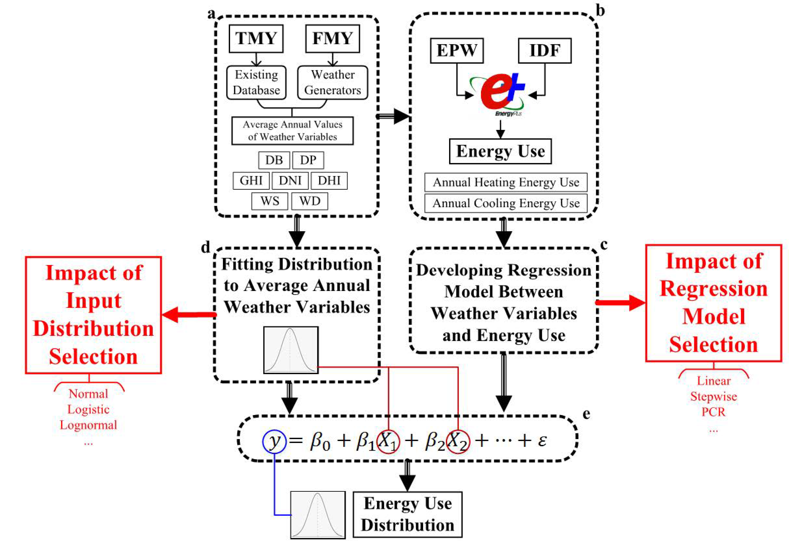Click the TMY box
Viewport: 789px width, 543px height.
pos(256,39)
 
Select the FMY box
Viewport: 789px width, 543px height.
pos(332,39)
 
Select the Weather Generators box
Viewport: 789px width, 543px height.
pos(332,82)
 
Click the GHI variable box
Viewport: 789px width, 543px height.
pos(251,180)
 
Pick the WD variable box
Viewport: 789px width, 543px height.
pos(310,201)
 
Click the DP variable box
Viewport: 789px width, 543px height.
pos(308,160)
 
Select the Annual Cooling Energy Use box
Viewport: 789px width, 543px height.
pos(506,203)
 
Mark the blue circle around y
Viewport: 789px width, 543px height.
pos(274,441)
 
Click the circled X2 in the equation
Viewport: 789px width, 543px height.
pos(458,442)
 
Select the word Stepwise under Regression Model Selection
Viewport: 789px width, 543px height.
pos(713,396)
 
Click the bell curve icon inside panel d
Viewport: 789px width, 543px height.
pos(291,350)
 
